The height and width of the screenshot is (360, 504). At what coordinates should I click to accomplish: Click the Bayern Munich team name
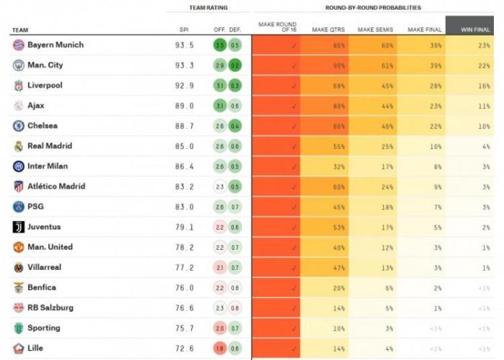pos(55,45)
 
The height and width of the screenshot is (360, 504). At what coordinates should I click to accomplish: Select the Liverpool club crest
pos(18,86)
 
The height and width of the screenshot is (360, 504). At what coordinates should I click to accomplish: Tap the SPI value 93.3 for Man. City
pos(186,66)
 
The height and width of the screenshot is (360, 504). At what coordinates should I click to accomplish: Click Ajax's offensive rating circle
pos(220,106)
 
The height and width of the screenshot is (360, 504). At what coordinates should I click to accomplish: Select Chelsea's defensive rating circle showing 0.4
pos(235,126)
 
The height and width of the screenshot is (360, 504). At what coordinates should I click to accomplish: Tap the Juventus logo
pos(18,227)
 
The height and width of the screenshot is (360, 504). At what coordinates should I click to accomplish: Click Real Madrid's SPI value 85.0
pos(186,146)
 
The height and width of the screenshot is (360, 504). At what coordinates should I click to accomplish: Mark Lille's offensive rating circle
pos(220,348)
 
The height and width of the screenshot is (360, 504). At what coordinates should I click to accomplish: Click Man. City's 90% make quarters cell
pos(325,66)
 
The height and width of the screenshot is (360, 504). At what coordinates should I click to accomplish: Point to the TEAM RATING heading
pos(208,7)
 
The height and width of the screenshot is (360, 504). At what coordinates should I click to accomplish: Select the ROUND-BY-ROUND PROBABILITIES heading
pos(374,7)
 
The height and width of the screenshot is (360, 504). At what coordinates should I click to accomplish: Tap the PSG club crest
pos(18,207)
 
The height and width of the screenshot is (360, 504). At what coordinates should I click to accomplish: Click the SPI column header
pos(184,30)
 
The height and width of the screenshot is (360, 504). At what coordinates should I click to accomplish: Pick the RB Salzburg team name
pos(50,307)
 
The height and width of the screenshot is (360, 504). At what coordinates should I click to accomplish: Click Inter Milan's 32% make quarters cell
pos(325,166)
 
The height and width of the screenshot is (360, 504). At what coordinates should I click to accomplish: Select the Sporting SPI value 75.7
pos(186,328)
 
